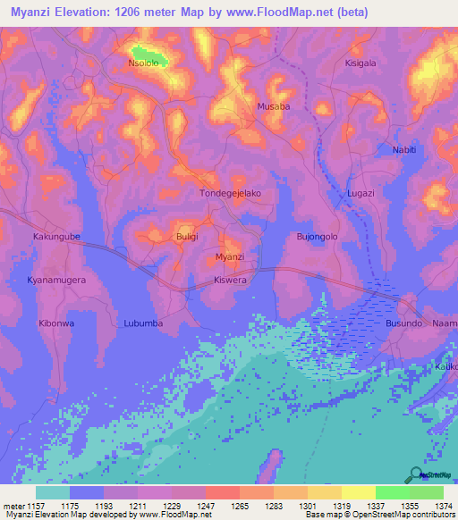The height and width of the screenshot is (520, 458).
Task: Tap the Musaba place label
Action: click(x=274, y=106)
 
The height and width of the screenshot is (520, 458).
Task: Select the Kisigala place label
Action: click(x=363, y=63)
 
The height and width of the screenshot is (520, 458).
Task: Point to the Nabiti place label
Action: click(x=404, y=149)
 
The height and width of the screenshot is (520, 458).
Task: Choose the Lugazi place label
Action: click(x=361, y=193)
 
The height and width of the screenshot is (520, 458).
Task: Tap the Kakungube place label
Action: click(x=56, y=237)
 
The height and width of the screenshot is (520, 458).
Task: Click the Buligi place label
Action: click(x=187, y=237)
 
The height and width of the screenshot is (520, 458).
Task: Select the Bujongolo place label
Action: click(x=317, y=237)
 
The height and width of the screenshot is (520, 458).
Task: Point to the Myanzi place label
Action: click(x=230, y=257)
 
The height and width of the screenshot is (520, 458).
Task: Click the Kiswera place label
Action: click(x=231, y=279)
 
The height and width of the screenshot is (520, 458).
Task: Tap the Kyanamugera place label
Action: click(x=57, y=280)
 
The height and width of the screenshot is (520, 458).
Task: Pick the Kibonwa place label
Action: click(x=55, y=323)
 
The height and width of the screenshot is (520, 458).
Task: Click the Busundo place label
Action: click(x=403, y=323)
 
